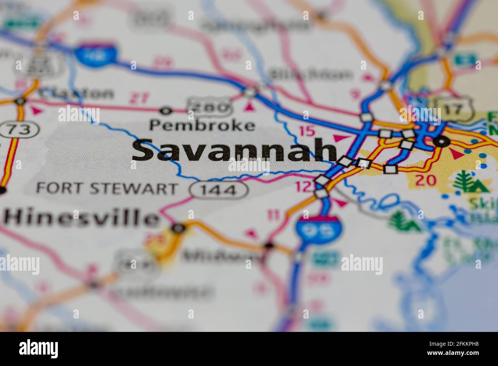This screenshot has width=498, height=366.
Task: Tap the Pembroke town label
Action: pos(202,125)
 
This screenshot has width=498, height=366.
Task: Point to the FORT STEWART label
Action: pos(107,188)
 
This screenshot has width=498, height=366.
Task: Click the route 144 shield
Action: pos(219,190)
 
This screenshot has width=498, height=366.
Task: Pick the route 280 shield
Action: pos(209,107)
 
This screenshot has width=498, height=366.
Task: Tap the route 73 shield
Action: pos(20,130)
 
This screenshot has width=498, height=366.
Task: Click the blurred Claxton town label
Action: pos(77,93)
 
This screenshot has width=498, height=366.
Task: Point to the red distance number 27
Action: pos(138,98)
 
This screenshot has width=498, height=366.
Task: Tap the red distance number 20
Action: pos(426,180)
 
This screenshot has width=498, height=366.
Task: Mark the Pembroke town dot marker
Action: pos(166,111)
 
